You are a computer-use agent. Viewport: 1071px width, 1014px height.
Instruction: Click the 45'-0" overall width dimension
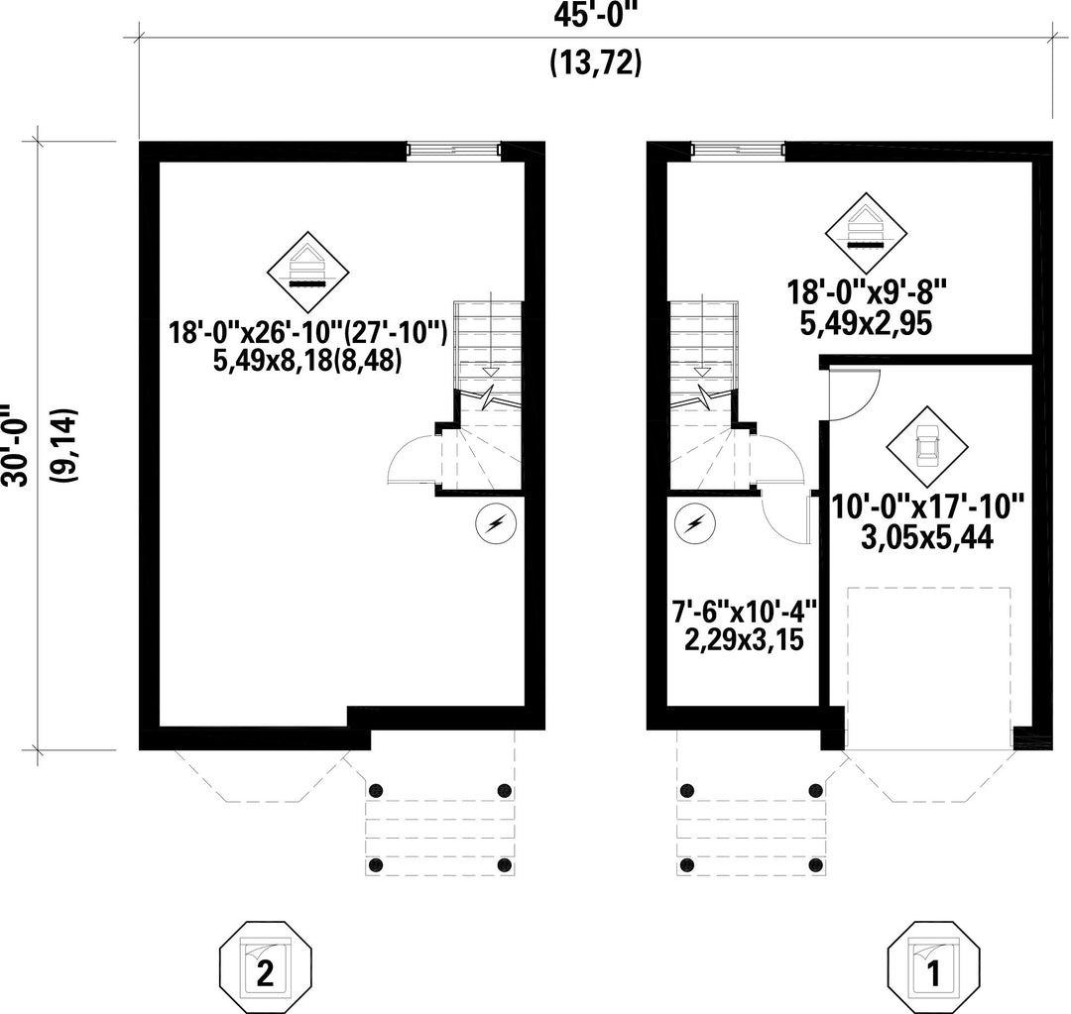pos(595,18)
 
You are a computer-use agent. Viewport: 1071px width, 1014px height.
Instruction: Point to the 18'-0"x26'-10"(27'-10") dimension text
pos(308,331)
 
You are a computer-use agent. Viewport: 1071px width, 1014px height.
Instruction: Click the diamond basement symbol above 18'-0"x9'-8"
pos(867,234)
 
